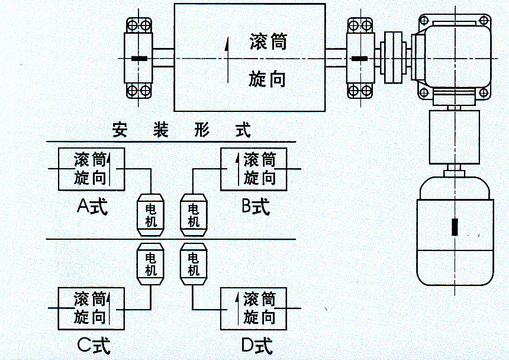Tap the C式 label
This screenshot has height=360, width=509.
coord(94,345)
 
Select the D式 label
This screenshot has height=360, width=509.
coord(257,345)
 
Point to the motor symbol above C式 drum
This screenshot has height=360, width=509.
coord(151,265)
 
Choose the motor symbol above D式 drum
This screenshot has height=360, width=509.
coord(193,265)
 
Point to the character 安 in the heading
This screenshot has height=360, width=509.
coord(120,130)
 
